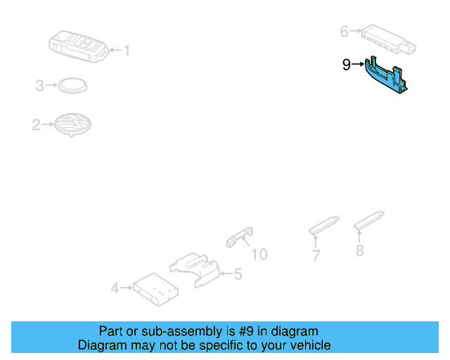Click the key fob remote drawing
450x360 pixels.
(x=79, y=46)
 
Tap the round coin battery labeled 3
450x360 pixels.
(x=73, y=85)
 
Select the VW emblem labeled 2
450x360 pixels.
(x=73, y=124)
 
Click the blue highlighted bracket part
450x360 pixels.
(x=386, y=75)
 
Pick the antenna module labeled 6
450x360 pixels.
(x=388, y=39)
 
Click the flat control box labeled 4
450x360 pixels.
(x=155, y=290)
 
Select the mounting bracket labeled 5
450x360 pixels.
(x=195, y=269)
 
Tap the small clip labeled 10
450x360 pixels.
(x=240, y=237)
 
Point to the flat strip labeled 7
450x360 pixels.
(x=324, y=226)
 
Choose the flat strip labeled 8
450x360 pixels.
(x=369, y=221)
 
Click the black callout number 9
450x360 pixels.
(x=347, y=64)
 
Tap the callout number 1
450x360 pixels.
(x=127, y=51)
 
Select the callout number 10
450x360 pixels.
(x=259, y=255)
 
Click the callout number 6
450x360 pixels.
(x=344, y=32)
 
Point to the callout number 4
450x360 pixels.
(x=115, y=288)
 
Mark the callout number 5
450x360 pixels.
(x=238, y=274)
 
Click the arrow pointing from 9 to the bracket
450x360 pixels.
(x=358, y=64)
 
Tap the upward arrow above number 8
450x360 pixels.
(x=359, y=236)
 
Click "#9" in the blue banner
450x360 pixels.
(x=246, y=331)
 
